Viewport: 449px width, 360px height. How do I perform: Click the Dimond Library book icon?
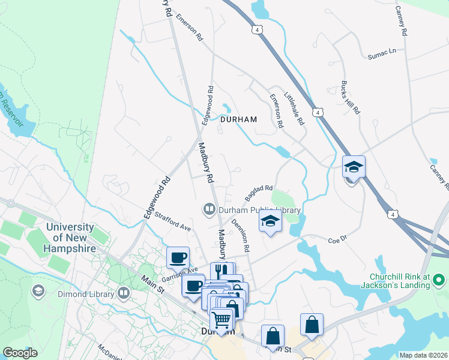(124, 293)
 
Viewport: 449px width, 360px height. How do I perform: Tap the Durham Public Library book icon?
(209, 209)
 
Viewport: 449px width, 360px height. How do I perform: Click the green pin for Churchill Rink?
(439, 280)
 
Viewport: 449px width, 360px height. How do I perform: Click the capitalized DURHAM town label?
(238, 119)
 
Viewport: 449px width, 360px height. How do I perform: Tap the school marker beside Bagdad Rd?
(270, 223)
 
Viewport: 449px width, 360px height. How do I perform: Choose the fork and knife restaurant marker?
(221, 271)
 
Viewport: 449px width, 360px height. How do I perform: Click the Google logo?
(20, 353)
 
